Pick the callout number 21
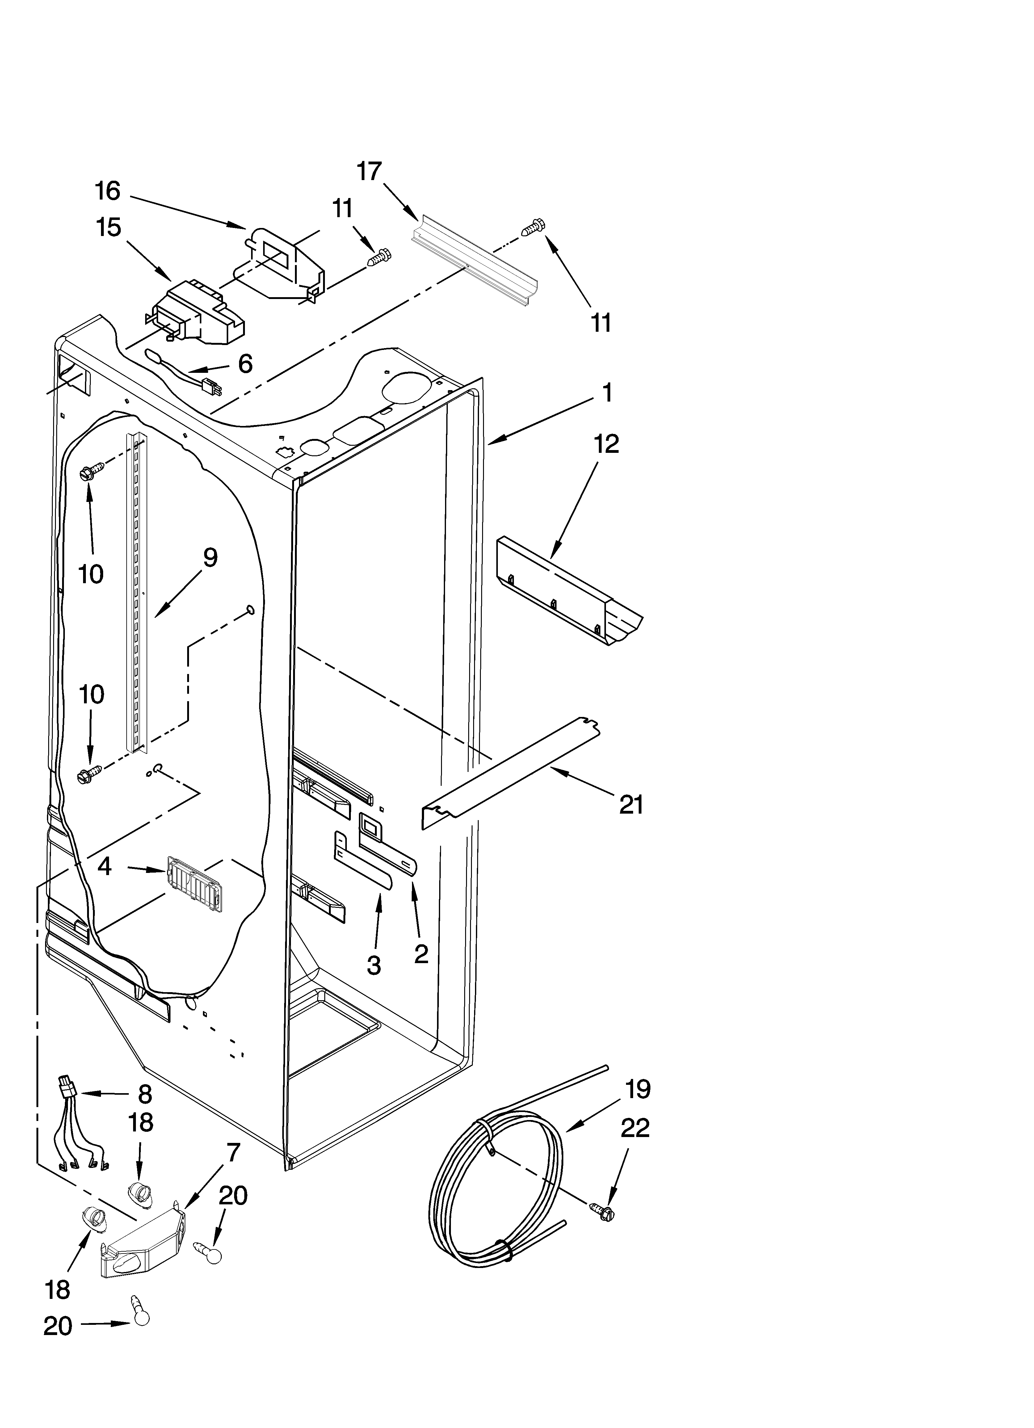pyautogui.click(x=632, y=804)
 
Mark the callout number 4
pyautogui.click(x=104, y=867)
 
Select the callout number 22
pyautogui.click(x=635, y=1128)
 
